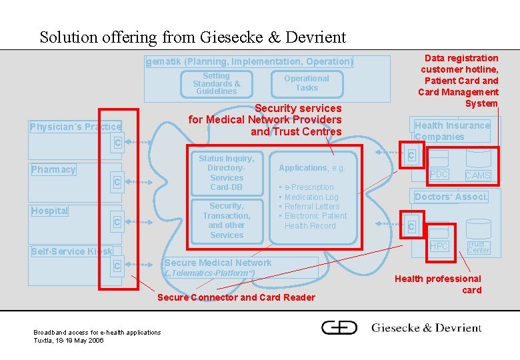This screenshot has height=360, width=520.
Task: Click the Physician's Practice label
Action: [x=75, y=127]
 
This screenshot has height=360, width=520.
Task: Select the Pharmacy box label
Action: [x=53, y=169]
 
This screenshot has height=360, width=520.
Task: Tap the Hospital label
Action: [x=50, y=211]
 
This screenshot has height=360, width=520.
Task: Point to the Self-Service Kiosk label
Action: [x=72, y=251]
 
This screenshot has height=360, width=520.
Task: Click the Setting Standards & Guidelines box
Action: [x=216, y=84]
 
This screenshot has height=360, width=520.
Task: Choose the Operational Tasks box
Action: [x=307, y=83]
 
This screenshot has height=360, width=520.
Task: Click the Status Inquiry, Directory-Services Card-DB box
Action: [x=227, y=173]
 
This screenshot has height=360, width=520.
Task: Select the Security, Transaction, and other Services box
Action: [x=227, y=221]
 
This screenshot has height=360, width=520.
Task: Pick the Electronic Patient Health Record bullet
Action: [x=315, y=221]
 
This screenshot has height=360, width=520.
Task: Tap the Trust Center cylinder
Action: [x=478, y=245]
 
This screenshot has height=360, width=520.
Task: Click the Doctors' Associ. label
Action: [x=451, y=197]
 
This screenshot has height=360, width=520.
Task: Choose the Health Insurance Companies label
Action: [x=452, y=131]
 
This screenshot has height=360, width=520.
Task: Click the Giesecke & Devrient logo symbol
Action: [x=339, y=327]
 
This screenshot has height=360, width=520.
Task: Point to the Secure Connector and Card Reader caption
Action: [x=236, y=297]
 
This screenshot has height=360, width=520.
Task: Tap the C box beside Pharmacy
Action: [x=117, y=182]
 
